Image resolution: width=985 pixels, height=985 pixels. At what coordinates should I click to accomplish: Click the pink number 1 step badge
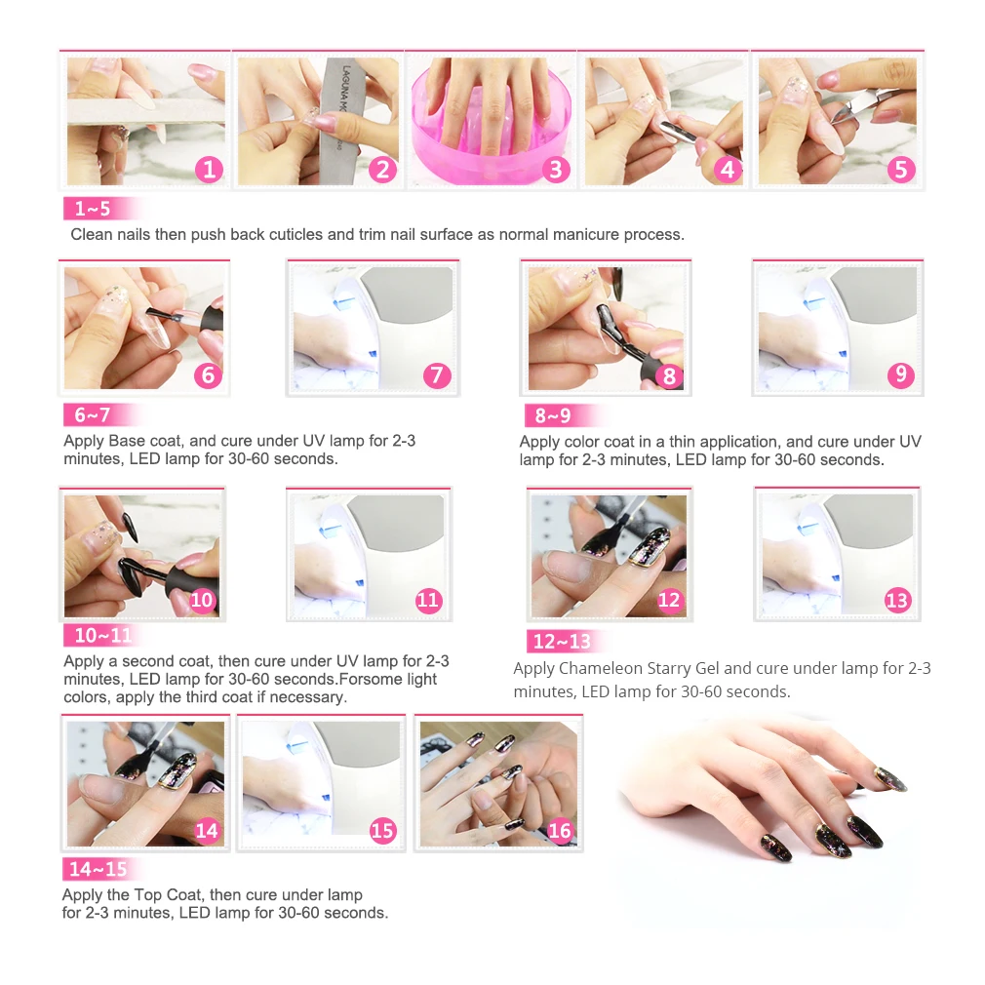[x=209, y=169]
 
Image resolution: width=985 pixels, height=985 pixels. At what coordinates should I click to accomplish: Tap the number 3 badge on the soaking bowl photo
[x=555, y=169]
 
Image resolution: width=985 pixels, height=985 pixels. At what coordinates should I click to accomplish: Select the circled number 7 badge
[x=437, y=375]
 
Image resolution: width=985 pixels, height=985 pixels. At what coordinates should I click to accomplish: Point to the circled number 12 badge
[x=669, y=600]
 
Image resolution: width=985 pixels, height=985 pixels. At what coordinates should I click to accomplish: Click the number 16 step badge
[x=559, y=831]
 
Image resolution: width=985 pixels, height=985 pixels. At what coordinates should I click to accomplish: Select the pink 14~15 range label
[x=100, y=869]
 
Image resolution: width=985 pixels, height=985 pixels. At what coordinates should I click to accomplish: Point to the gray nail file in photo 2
[x=336, y=123]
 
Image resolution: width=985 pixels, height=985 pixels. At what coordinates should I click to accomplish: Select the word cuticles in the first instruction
[x=295, y=234]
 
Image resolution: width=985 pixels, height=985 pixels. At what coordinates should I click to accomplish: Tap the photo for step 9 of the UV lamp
[x=838, y=328]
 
